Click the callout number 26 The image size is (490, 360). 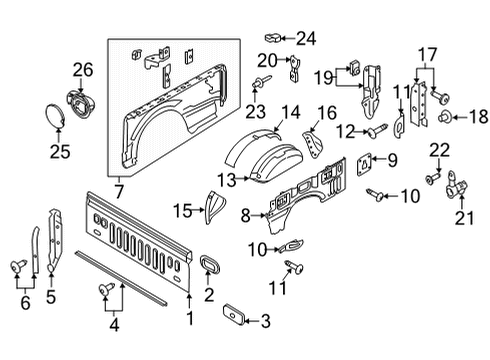[82, 70]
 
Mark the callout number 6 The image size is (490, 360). [25, 301]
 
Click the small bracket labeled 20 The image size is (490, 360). [295, 70]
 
